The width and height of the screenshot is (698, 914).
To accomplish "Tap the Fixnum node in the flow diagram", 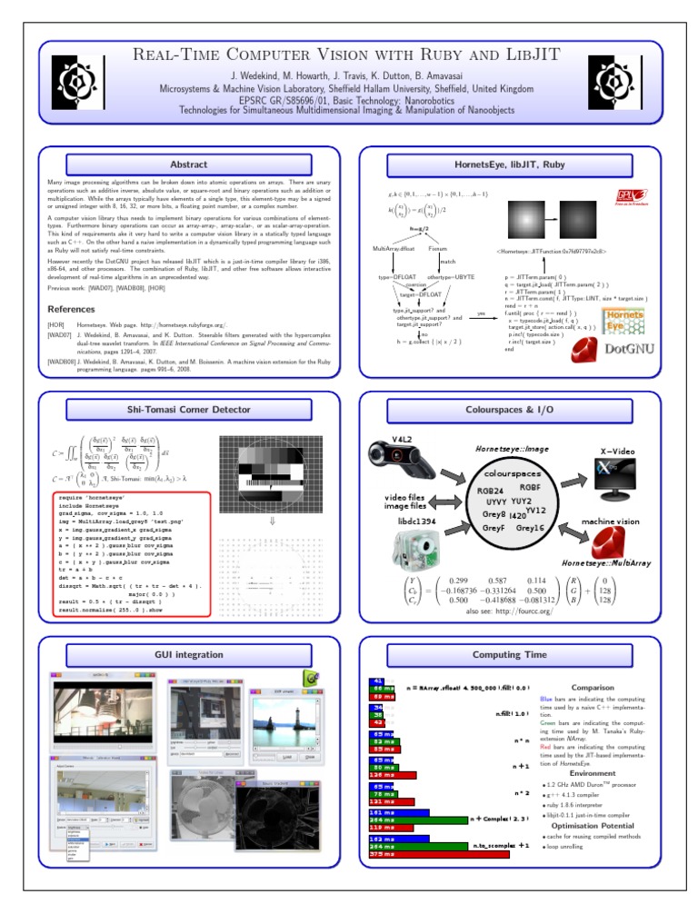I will pos(437,247).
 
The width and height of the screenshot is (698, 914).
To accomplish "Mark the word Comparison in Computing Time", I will pos(592,687).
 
